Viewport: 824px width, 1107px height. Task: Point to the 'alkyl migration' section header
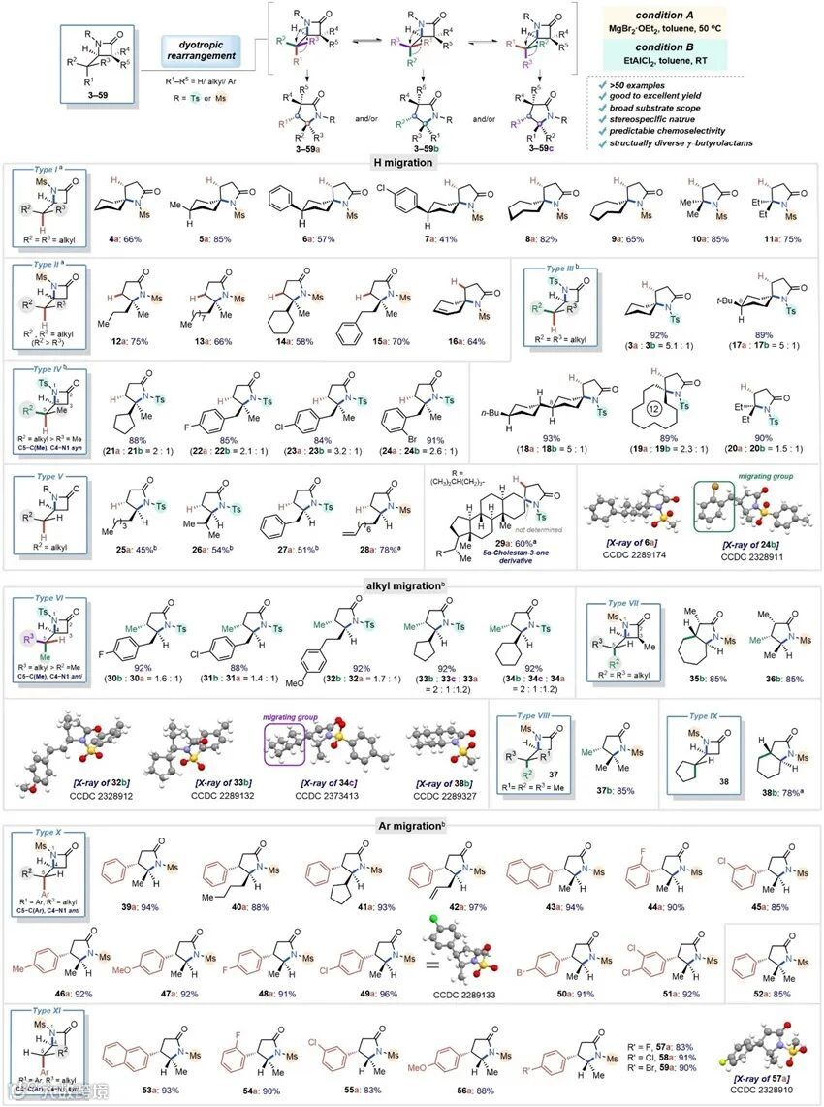click(411, 585)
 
